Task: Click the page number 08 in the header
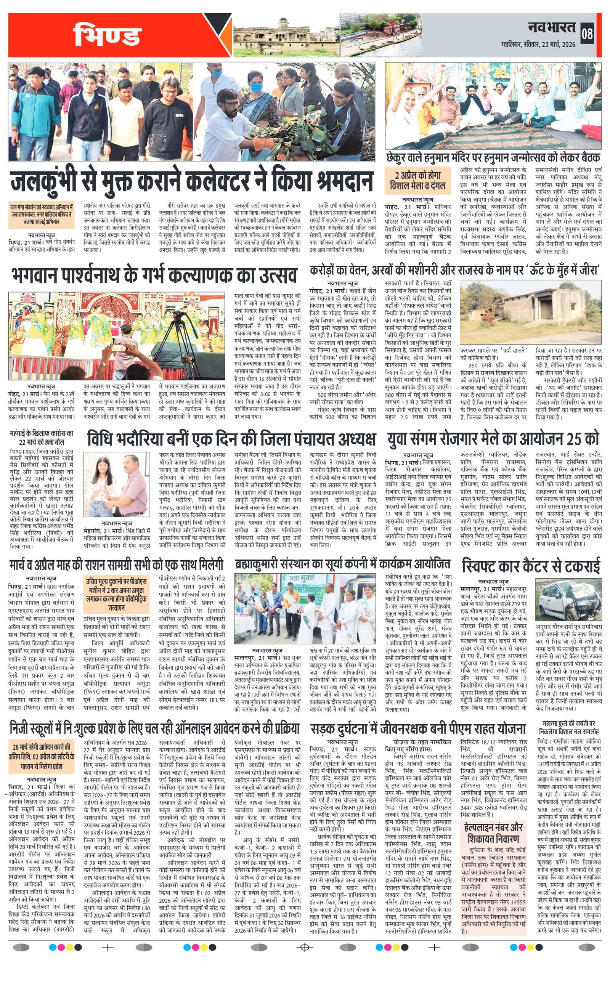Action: (588, 34)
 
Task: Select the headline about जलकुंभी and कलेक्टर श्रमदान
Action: (192, 182)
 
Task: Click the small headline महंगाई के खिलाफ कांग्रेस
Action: (42, 437)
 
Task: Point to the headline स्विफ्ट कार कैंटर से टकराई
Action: (531, 566)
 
